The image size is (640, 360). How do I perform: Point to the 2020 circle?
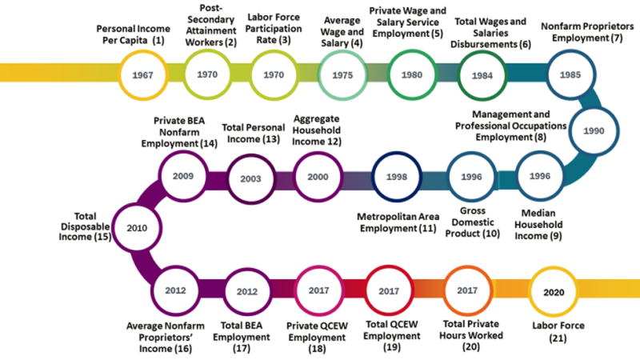553,292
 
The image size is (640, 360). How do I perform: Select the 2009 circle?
182,175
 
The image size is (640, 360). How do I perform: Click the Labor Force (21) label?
558,332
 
